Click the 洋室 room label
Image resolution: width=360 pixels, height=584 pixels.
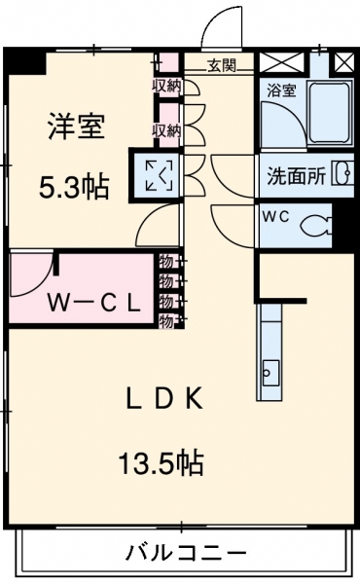tap(77, 127)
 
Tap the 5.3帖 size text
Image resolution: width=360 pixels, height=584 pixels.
tap(74, 187)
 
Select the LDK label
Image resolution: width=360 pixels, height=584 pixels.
tap(164, 399)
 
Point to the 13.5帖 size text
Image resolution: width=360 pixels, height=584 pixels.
tap(161, 462)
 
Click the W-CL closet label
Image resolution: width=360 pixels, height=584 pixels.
tap(93, 304)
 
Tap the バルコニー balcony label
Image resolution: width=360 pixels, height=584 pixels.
tap(186, 552)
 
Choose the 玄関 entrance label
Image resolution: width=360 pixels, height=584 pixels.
tap(222, 66)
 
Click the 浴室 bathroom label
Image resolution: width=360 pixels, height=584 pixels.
tap(281, 91)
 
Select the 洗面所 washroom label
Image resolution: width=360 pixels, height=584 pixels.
tap(297, 176)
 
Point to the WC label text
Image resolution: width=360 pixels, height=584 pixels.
tap(276, 216)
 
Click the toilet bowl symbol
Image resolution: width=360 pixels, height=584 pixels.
tap(315, 226)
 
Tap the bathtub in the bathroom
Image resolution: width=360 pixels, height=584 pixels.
tap(330, 113)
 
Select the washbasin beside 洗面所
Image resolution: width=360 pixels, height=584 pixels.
tap(343, 172)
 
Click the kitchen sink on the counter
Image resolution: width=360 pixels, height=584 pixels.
tap(270, 373)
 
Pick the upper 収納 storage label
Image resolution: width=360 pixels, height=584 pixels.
tap(166, 86)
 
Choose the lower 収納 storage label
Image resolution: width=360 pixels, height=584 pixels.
tap(166, 130)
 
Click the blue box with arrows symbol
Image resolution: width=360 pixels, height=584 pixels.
tap(159, 174)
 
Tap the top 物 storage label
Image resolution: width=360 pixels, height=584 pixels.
tap(166, 262)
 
